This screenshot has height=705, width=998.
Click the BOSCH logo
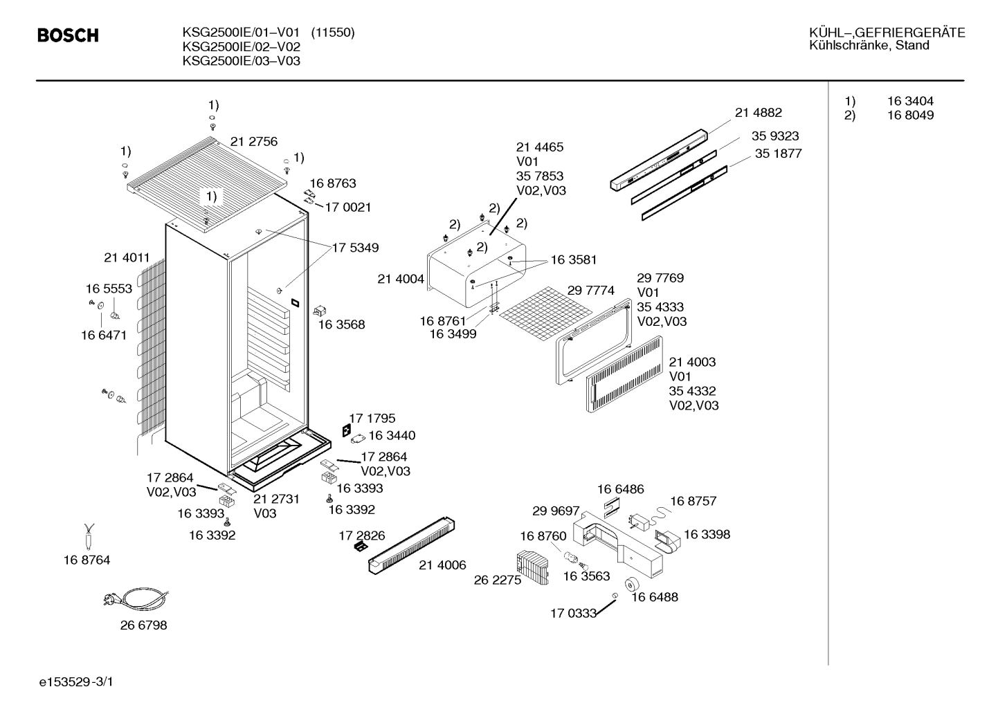click(68, 35)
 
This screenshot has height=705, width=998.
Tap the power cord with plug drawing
click(136, 597)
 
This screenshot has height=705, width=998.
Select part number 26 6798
click(143, 625)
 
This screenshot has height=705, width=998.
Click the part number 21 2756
click(254, 141)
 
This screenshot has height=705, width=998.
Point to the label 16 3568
click(341, 324)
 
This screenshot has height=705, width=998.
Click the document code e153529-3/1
click(76, 682)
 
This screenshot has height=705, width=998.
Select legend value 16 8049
click(910, 115)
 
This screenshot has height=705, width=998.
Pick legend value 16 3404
click(910, 100)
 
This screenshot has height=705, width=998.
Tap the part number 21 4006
click(442, 565)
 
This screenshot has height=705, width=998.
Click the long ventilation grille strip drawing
click(411, 546)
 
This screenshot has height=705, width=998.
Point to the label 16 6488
click(655, 597)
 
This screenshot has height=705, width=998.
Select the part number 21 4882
click(759, 112)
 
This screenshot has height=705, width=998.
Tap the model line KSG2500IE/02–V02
click(241, 46)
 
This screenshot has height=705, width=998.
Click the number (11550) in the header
click(333, 33)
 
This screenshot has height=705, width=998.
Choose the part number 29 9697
click(556, 511)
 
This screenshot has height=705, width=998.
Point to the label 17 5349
click(355, 248)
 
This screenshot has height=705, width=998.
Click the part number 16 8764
click(87, 560)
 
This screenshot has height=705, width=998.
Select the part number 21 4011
click(127, 257)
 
